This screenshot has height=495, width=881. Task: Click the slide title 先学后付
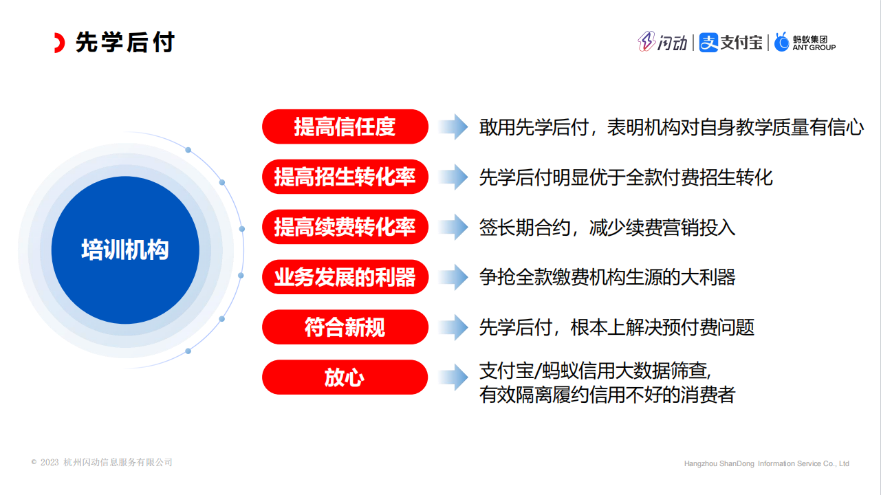coord(124,42)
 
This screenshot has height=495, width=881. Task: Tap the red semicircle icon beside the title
coord(60,43)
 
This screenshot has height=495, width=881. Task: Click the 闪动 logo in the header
coord(662,42)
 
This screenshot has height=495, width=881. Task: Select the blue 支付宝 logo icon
coord(708,42)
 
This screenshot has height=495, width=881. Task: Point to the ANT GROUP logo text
coord(814,47)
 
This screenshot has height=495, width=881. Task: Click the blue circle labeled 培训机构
coord(125,250)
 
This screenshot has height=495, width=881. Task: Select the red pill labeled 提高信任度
coord(345,126)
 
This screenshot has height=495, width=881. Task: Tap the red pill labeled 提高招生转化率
coord(345,177)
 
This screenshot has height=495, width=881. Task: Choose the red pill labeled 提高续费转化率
coord(345,227)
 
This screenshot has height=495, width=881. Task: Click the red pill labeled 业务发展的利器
coord(345,277)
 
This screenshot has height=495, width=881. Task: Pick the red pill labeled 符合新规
coord(345,327)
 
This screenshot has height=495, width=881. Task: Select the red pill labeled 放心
coord(345,377)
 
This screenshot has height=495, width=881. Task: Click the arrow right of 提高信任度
coord(453,126)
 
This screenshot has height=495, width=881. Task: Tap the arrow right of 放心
coord(453,377)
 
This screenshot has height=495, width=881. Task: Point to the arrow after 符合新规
coord(453,327)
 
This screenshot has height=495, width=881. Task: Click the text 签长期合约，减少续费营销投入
coord(607,228)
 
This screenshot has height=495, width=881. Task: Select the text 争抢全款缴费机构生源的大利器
coord(607,277)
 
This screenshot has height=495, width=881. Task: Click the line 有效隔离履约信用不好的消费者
coord(607,395)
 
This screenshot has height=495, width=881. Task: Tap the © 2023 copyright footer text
coord(102,463)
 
